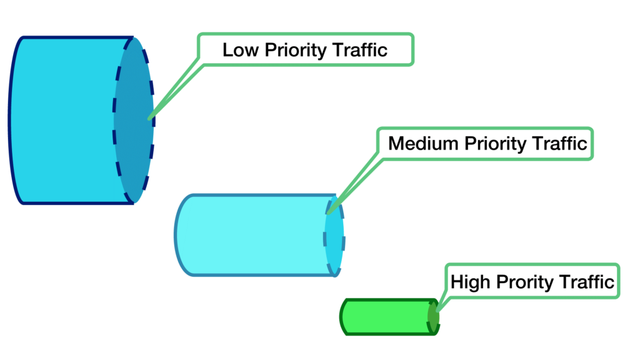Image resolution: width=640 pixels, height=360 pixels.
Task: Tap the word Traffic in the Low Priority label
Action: click(x=361, y=50)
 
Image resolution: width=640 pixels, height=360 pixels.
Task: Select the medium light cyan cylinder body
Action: click(x=250, y=235)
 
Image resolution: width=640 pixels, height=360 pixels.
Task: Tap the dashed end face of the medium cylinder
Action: click(x=334, y=235)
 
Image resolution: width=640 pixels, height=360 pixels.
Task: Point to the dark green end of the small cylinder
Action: click(x=432, y=317)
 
